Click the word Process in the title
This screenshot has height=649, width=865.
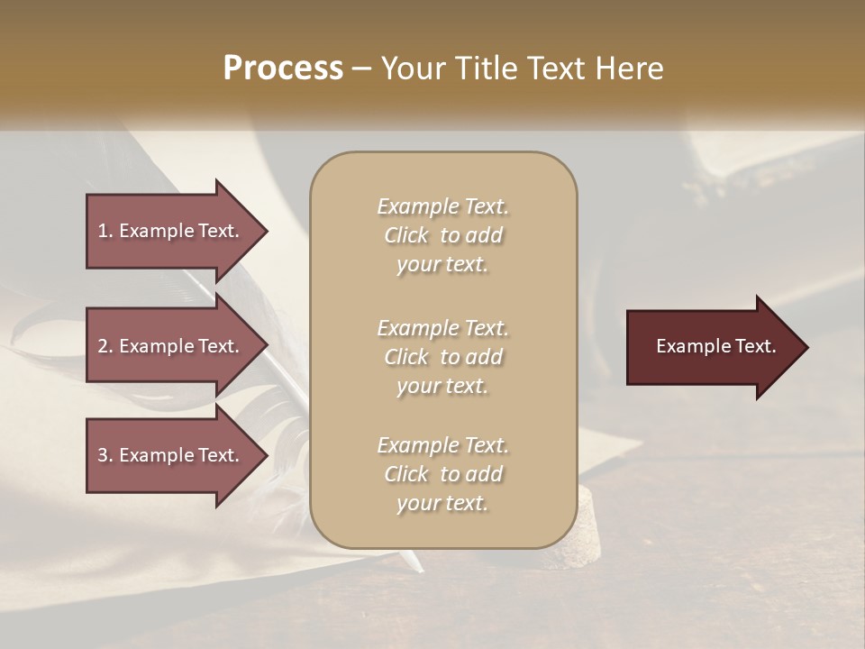click(283, 69)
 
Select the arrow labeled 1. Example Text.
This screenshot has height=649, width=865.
click(171, 231)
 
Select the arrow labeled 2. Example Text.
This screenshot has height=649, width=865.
click(171, 346)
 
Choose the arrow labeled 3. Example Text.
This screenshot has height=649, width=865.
click(171, 455)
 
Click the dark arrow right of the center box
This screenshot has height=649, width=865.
click(712, 346)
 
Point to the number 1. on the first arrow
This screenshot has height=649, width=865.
click(105, 231)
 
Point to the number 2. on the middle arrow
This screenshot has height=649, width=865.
click(105, 346)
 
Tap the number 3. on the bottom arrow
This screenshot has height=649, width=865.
click(105, 455)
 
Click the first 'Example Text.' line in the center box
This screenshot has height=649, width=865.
click(442, 206)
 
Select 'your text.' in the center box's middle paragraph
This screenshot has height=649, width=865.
click(442, 386)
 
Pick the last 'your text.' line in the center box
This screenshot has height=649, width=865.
click(442, 503)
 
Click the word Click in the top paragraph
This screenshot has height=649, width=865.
click(406, 235)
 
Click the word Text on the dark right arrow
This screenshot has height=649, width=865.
click(755, 346)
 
